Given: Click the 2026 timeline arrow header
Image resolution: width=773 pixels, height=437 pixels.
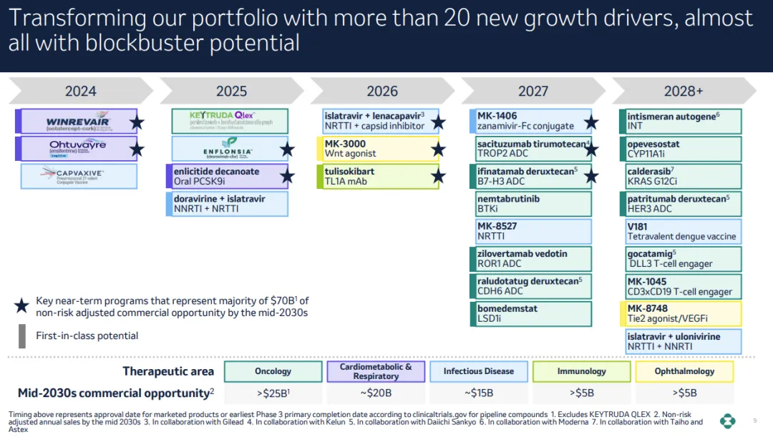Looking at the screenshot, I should (382, 91).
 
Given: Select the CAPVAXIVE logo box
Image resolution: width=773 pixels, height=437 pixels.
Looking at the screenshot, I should (79, 177).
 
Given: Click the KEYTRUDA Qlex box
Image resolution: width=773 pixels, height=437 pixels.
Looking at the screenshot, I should (230, 121).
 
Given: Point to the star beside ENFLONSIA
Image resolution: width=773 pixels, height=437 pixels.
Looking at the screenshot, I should (288, 149).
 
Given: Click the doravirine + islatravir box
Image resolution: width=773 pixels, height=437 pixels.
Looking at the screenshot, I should (230, 204).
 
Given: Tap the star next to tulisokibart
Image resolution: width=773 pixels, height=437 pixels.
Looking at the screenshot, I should (439, 176).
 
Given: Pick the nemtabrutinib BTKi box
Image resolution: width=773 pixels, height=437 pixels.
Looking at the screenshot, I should (534, 204).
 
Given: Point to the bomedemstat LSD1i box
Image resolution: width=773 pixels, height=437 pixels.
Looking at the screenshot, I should (534, 314).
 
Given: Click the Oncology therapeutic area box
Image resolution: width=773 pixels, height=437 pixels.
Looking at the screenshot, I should (273, 371).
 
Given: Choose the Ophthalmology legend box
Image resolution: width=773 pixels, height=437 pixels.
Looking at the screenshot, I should (684, 371).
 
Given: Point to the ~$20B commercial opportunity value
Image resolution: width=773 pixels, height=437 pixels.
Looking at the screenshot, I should (376, 393).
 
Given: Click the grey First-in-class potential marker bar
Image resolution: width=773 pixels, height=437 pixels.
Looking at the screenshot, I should (21, 335).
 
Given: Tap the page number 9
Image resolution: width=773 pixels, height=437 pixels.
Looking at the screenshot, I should (754, 421).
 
